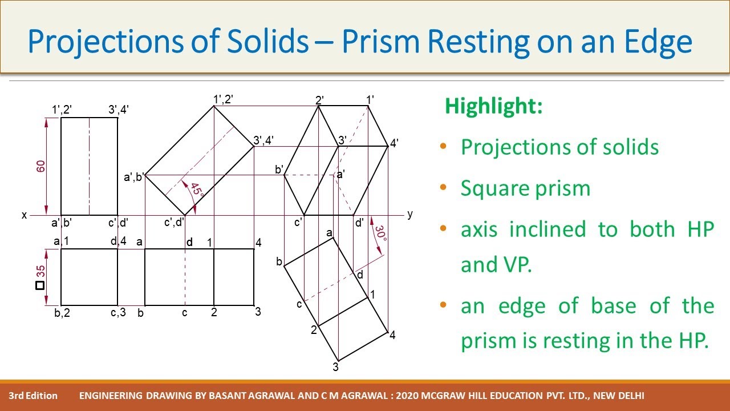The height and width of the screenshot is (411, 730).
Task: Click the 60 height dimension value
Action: (40, 166)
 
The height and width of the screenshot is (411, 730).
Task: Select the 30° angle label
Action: (380, 233)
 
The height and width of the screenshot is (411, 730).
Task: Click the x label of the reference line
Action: (24, 215)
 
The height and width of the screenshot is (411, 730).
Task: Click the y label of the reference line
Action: (409, 214)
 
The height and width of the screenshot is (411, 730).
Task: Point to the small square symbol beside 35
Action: (40, 285)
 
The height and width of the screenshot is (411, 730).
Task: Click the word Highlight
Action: (493, 106)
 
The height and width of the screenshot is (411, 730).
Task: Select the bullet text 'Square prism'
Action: (525, 188)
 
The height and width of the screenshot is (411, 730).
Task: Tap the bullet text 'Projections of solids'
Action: (559, 147)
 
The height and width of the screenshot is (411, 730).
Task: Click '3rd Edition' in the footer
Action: (33, 396)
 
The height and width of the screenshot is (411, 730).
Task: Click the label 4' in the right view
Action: (394, 144)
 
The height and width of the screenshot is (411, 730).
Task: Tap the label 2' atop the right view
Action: (320, 100)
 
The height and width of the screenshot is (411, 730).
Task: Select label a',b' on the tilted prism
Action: (134, 178)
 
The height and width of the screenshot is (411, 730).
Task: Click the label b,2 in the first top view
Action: (62, 313)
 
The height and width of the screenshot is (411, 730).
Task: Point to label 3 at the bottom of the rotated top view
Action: (336, 367)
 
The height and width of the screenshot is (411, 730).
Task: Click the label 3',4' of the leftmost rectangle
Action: (119, 110)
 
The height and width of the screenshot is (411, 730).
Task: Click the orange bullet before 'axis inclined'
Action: (444, 229)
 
